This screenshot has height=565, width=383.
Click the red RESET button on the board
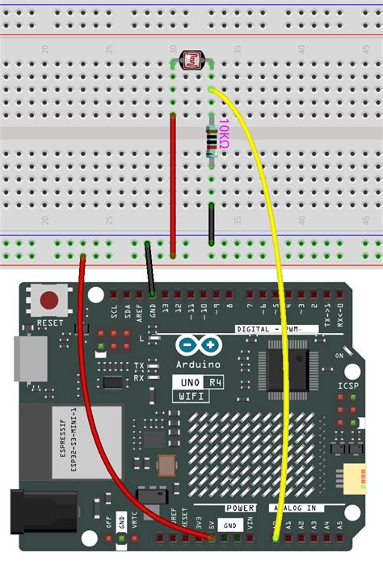tap(53, 301)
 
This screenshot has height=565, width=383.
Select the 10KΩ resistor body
tap(211, 141)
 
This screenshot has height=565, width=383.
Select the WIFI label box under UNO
tap(191, 396)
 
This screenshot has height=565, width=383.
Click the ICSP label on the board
tap(347, 386)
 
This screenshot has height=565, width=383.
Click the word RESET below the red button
tap(49, 323)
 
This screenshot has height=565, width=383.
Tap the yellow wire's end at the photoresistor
tap(211, 89)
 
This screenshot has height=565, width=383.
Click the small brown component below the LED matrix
tap(166, 466)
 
